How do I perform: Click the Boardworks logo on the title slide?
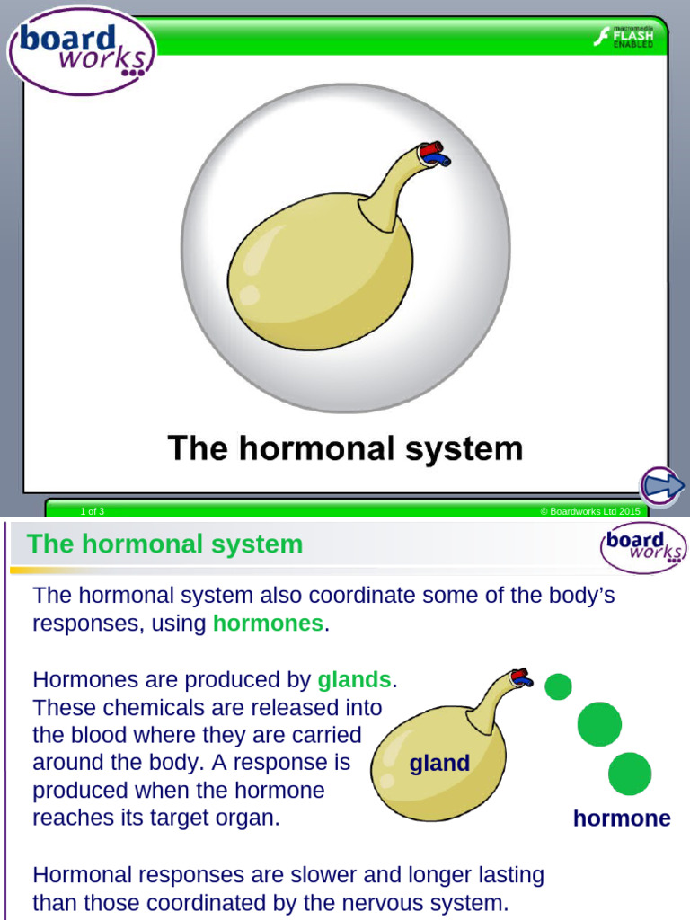click(81, 49)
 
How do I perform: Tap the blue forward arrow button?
click(663, 486)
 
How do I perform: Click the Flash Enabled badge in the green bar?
click(624, 36)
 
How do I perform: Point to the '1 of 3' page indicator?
click(93, 511)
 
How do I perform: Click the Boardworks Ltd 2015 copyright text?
click(590, 511)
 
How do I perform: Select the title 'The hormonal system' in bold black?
click(345, 447)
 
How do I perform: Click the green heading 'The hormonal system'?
click(165, 544)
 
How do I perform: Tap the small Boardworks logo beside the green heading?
click(643, 546)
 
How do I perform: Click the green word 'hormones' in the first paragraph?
click(268, 624)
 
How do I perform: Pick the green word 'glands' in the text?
click(355, 680)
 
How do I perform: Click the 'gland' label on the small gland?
click(439, 764)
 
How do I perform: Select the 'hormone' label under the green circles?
click(622, 818)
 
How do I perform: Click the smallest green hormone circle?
click(558, 687)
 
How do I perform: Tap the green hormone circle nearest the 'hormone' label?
click(630, 774)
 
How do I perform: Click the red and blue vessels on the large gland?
click(436, 154)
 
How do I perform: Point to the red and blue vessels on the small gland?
click(521, 677)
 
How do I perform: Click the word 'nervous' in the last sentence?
click(378, 902)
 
